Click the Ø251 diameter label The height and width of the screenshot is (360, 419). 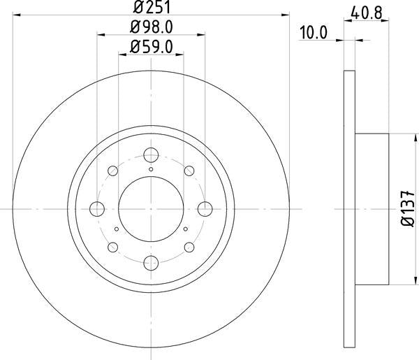point(152,7)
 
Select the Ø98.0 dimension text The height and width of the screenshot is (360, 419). point(152,27)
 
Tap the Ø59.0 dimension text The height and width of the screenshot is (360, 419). point(152,47)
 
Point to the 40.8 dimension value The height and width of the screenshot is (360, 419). point(367,13)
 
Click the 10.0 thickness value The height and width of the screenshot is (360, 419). point(314,33)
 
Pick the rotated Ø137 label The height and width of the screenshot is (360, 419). point(408,208)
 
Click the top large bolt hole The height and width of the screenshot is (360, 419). point(151,155)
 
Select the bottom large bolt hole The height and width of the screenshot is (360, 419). point(151,263)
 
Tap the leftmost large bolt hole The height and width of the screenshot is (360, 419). point(97,209)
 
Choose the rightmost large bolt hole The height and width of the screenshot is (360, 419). point(205,209)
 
